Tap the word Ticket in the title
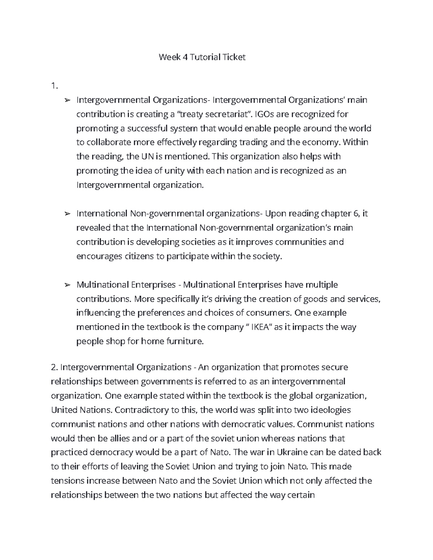(234, 57)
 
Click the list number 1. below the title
(54, 86)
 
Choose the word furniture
(185, 341)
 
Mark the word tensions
(68, 481)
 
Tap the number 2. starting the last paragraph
(54, 367)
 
